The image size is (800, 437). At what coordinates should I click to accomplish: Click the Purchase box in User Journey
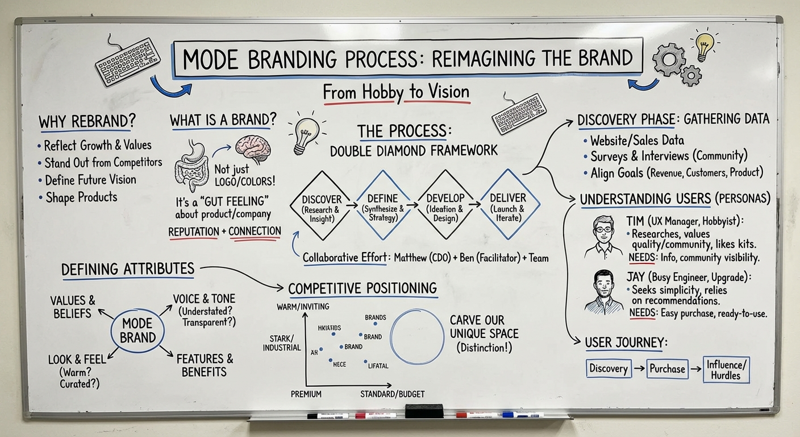[667, 369]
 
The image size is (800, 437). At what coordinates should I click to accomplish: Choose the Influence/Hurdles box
[726, 370]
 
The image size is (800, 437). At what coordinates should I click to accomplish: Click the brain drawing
[253, 149]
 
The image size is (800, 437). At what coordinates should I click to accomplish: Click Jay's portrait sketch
[603, 292]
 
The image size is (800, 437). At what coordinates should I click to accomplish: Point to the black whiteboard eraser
[424, 411]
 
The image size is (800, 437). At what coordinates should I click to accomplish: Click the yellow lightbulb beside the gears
[704, 46]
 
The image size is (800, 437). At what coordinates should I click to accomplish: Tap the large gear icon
[669, 60]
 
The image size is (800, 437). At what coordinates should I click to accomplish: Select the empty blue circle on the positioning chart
[417, 337]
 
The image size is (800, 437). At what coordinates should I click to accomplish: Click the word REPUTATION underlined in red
[193, 232]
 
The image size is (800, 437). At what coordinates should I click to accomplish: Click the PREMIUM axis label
[306, 394]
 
